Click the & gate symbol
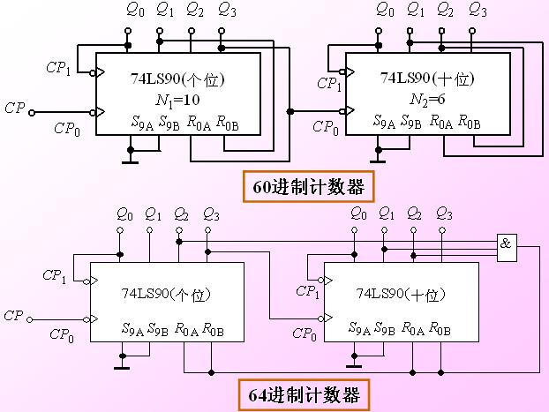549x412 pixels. pyautogui.click(x=506, y=245)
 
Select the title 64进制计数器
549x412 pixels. pyautogui.click(x=304, y=393)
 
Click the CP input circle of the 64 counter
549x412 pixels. pyautogui.click(x=29, y=319)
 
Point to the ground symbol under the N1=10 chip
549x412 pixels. pyautogui.click(x=131, y=160)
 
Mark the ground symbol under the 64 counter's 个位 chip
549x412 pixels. pyautogui.click(x=123, y=363)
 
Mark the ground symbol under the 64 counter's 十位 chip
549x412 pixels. pyautogui.click(x=355, y=363)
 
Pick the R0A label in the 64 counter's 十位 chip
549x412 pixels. pyautogui.click(x=413, y=329)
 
